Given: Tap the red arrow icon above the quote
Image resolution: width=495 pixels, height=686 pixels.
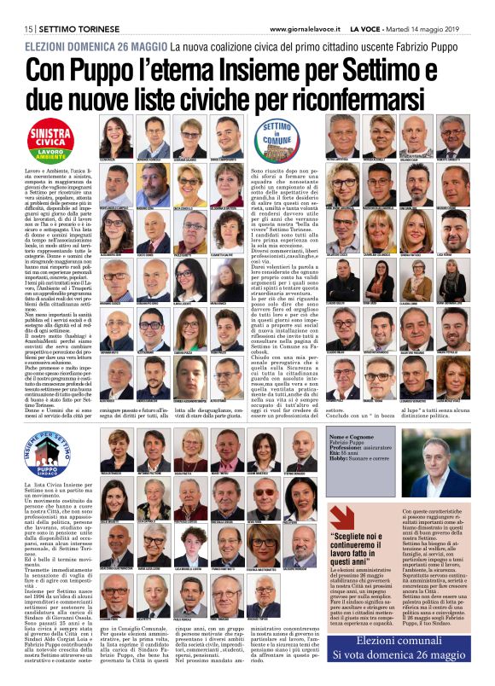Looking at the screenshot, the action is pyautogui.click(x=366, y=517).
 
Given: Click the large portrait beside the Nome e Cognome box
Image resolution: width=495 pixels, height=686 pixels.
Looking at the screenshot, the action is pyautogui.click(x=446, y=469).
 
